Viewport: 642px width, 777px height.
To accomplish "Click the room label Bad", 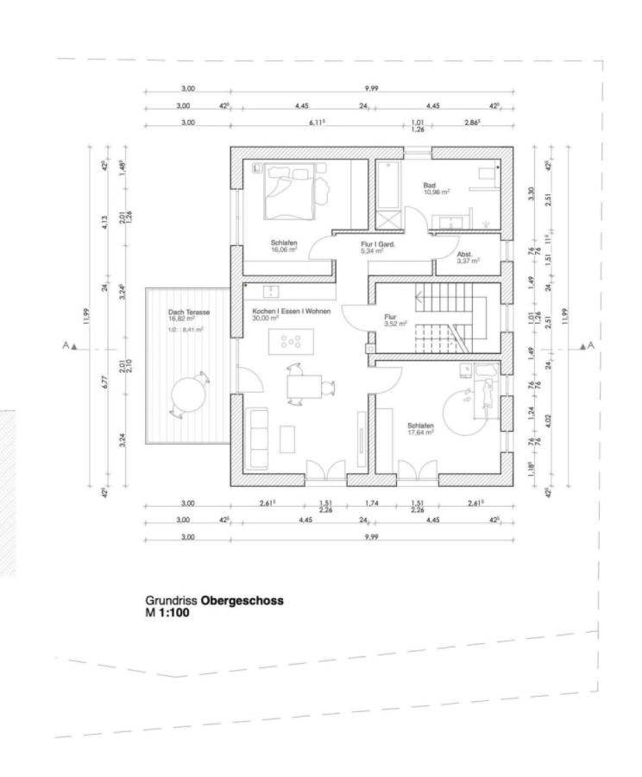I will [429, 186].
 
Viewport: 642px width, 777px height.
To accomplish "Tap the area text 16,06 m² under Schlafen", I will [284, 250].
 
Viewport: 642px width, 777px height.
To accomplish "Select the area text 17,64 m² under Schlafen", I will [420, 433].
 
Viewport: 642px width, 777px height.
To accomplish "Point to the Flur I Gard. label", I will [377, 244].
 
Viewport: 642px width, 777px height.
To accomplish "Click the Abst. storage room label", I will [464, 255].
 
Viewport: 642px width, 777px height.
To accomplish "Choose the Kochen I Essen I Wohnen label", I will [286, 311].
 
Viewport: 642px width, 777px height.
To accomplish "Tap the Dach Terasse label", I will [189, 313].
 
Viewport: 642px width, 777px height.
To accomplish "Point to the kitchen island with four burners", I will [290, 340].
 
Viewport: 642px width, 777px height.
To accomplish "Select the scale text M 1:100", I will [167, 613].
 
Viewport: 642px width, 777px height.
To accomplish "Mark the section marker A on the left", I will [67, 345].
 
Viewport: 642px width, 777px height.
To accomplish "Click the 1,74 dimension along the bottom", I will [371, 503].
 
